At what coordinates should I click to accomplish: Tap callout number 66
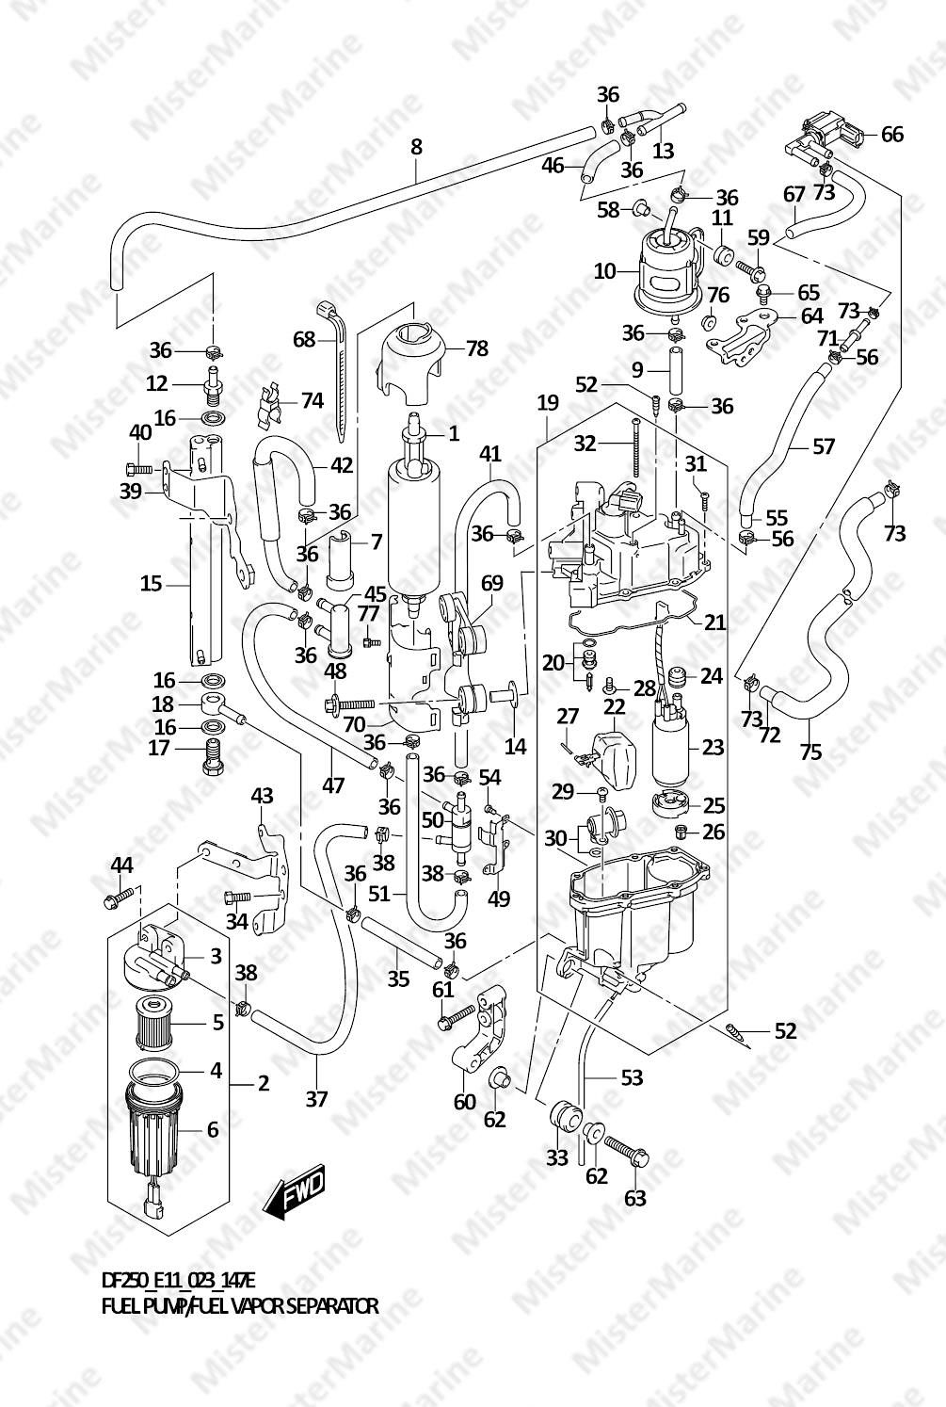[890, 135]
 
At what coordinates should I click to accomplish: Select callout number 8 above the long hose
[416, 147]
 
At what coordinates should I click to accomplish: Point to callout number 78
[477, 348]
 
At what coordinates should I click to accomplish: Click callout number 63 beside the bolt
[635, 1198]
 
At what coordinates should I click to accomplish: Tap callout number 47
[333, 784]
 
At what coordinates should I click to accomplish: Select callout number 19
[548, 403]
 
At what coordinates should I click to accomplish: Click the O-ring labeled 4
[154, 1071]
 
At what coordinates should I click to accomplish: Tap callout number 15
[151, 584]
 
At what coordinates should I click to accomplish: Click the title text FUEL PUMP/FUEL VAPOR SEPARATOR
[239, 1306]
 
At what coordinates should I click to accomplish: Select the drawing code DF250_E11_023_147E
[178, 1280]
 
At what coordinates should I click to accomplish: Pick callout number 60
[465, 1100]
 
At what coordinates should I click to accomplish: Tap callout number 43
[262, 796]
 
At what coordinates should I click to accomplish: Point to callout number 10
[604, 271]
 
